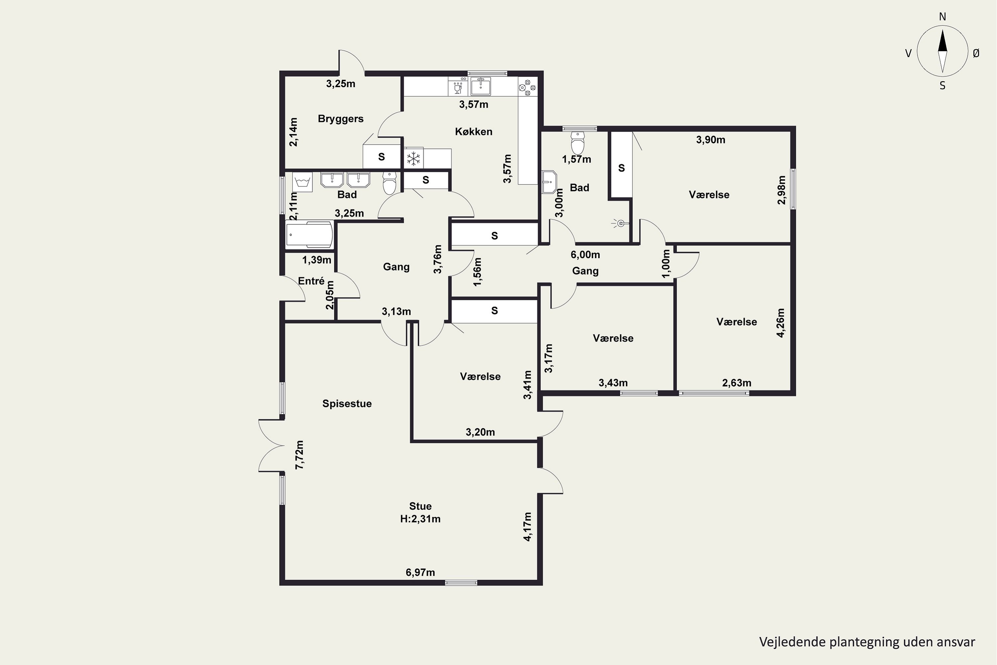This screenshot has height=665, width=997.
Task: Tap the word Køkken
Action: pos(474,131)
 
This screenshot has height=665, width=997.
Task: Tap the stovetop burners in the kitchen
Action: pos(527,88)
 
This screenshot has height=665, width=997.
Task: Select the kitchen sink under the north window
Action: pos(481,86)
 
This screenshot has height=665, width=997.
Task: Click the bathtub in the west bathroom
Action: pos(309,234)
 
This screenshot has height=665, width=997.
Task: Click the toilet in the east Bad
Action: pos(577,142)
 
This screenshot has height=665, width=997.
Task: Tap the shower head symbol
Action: pos(620,223)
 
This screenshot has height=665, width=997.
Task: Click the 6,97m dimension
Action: pos(420,573)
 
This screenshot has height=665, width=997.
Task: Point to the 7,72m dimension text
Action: pos(300,455)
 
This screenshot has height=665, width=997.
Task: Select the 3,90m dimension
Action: pos(711,140)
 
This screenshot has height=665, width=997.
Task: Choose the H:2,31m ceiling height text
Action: pos(420,519)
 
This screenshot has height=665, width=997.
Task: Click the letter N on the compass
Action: pos(942,17)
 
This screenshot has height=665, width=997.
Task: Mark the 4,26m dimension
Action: pos(780,323)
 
